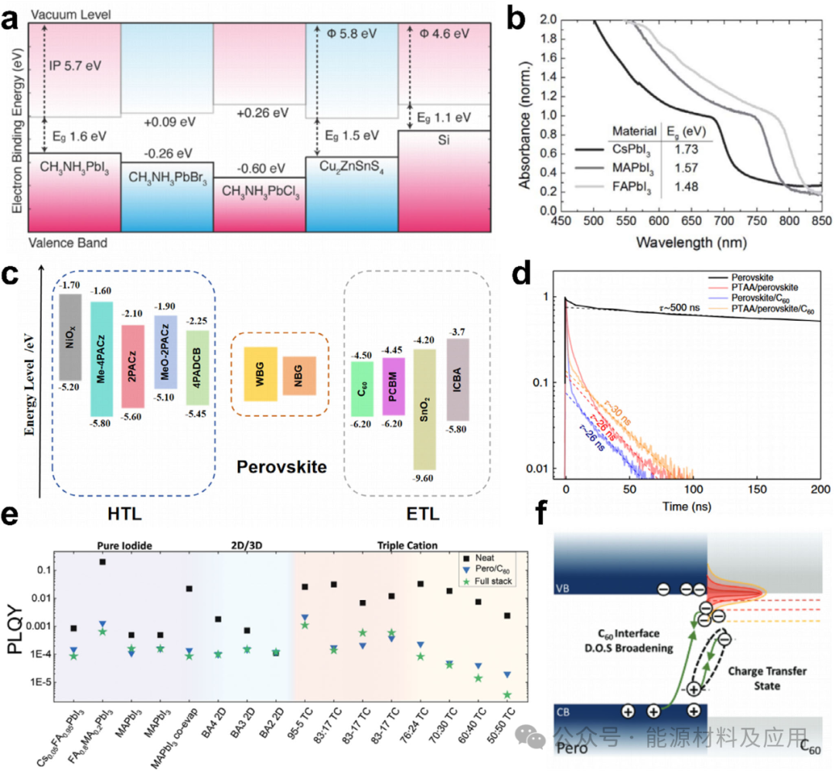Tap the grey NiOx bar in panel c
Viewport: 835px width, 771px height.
71,337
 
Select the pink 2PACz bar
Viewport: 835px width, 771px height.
133,365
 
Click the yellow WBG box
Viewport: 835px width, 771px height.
261,374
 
